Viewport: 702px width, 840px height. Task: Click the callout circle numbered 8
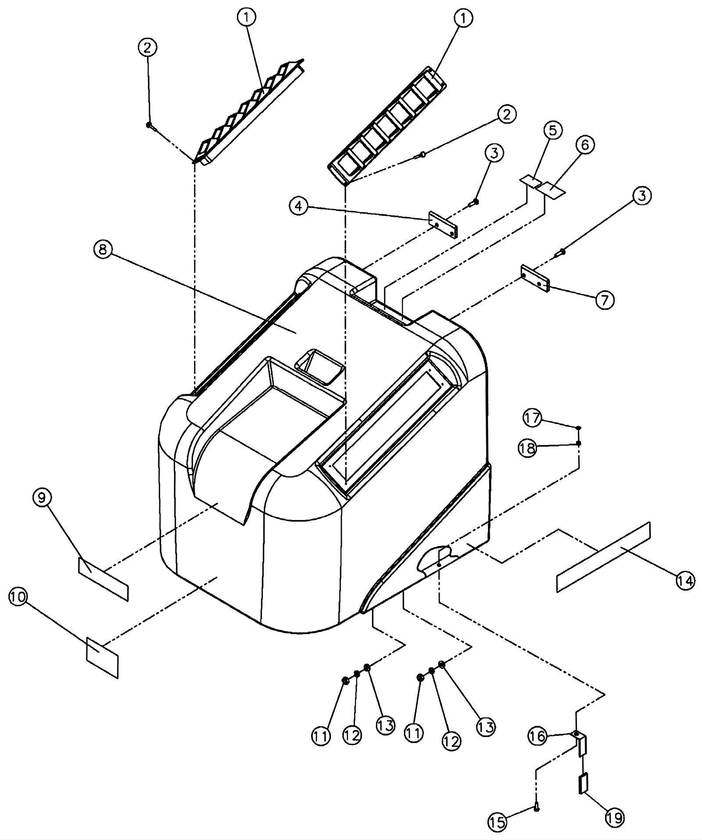coord(102,250)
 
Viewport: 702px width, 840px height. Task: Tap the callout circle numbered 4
coord(299,206)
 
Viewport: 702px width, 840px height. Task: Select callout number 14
coord(686,581)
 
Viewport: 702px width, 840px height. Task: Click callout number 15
coord(498,822)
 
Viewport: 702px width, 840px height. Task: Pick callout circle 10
coord(18,597)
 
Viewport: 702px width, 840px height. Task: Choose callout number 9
coord(42,498)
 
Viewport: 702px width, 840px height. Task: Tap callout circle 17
coord(532,418)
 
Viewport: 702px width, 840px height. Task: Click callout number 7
coord(605,300)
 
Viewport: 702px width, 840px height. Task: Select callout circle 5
coord(552,130)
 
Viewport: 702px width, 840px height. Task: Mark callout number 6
coord(585,145)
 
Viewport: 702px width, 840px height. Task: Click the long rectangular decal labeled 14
coord(603,557)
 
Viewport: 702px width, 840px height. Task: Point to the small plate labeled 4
coord(443,225)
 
